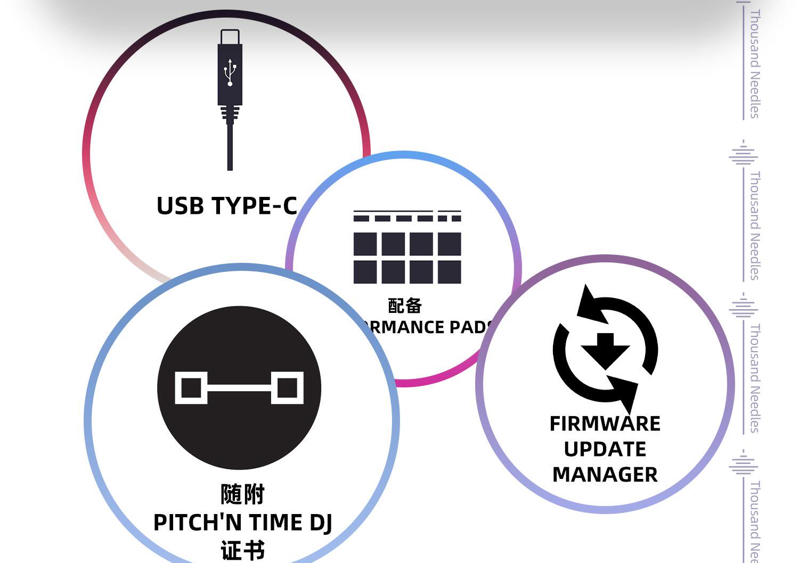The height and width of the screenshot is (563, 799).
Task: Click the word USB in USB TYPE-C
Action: pos(180,206)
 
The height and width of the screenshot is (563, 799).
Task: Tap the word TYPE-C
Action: pos(254,206)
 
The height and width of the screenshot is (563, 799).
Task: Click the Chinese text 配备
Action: pos(405,306)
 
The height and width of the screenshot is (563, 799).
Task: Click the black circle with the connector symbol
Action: pos(239,387)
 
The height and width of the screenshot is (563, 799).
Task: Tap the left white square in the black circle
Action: pos(191,387)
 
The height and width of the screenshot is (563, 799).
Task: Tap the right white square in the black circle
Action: pos(288,387)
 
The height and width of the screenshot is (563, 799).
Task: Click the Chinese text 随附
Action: pos(242,494)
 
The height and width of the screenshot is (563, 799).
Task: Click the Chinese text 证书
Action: pos(242,551)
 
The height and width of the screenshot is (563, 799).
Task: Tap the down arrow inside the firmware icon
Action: pos(605,350)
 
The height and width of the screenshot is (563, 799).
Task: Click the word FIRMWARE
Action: pos(605,424)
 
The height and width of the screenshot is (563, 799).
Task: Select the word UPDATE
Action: pos(605,450)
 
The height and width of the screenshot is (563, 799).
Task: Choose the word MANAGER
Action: pos(605,475)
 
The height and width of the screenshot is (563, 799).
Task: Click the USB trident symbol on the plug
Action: pos(230,72)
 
